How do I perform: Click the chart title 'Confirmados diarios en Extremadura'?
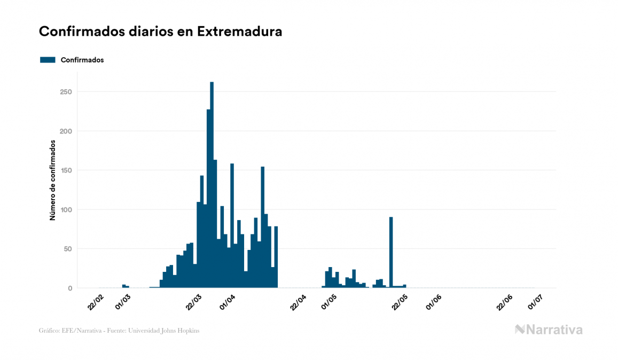(x=160, y=32)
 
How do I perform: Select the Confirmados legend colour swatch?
(x=48, y=60)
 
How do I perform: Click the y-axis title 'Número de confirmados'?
(x=52, y=181)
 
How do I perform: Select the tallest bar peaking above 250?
(x=212, y=184)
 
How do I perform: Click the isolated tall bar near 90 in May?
(x=391, y=251)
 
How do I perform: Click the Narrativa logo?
(x=549, y=330)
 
